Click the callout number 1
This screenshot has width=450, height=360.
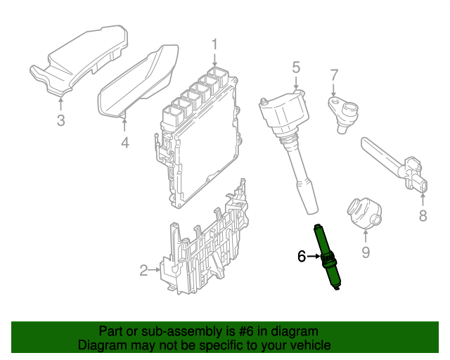point(216,45)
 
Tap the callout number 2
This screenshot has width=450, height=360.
point(143,270)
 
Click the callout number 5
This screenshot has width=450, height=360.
point(296,67)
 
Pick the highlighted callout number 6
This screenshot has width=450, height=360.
point(302,257)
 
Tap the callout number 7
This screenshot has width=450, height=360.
point(335,74)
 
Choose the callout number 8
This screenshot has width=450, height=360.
point(423,216)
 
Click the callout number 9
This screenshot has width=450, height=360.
point(366,251)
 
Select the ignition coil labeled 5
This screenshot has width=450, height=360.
point(290,141)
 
